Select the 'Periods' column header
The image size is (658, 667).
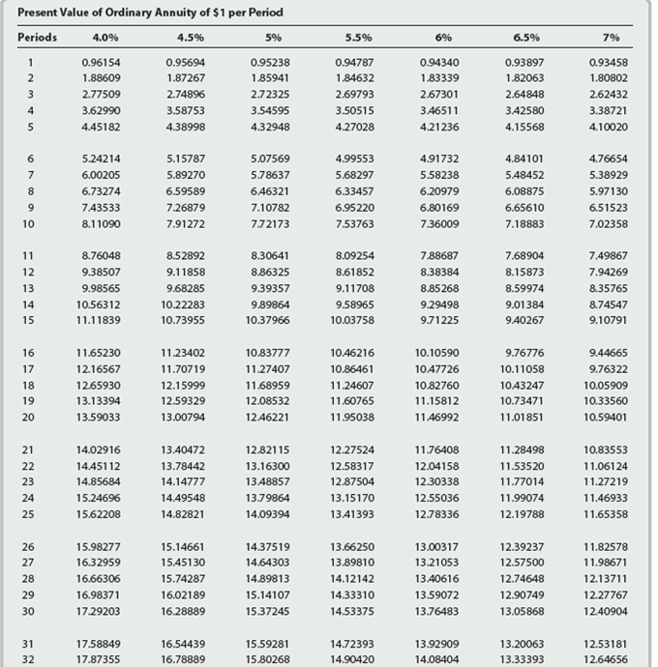point(38,38)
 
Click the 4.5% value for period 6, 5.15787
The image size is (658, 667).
point(183,159)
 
